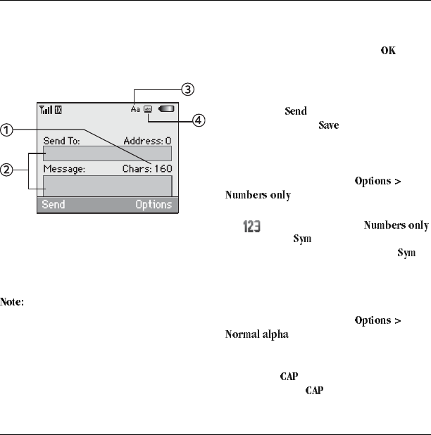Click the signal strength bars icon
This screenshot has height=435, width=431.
click(46, 110)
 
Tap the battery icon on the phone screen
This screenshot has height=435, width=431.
click(167, 110)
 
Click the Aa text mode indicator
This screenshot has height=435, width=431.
click(135, 110)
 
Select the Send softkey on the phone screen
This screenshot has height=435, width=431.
click(54, 205)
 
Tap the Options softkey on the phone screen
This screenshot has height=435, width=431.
click(154, 205)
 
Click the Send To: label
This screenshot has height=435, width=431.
click(61, 141)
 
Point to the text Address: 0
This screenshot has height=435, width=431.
click(147, 141)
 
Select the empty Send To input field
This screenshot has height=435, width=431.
click(107, 153)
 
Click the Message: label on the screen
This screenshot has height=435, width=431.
click(64, 169)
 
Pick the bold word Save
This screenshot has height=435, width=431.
click(329, 126)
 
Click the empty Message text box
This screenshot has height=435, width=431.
click(107, 185)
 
